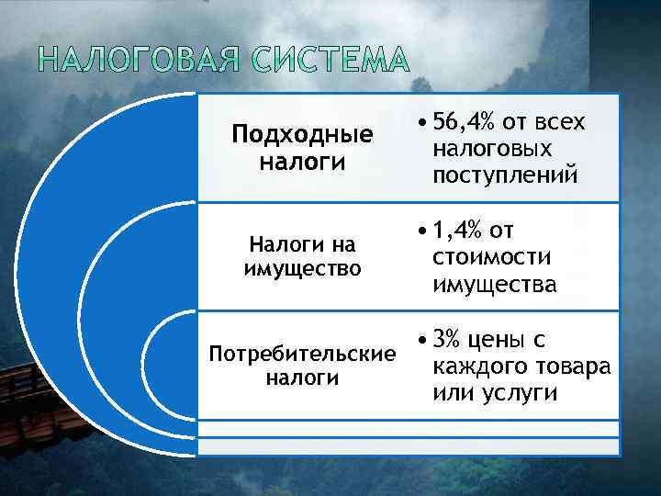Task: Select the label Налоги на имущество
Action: click(x=302, y=257)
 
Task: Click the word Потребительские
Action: click(x=302, y=354)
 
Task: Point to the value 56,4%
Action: click(x=462, y=123)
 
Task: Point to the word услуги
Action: click(x=519, y=392)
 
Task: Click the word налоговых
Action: click(x=492, y=149)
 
